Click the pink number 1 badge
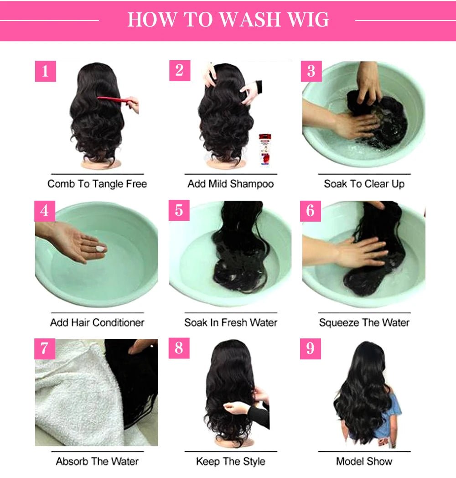(45, 72)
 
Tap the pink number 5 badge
(179, 210)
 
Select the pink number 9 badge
(311, 348)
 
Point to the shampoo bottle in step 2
(264, 150)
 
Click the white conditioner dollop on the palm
(100, 249)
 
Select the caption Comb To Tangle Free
(97, 184)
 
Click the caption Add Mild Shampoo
(230, 184)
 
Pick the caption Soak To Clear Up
(364, 184)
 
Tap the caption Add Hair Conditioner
(97, 322)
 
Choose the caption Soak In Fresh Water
(230, 322)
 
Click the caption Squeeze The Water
(364, 322)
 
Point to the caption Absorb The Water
(97, 461)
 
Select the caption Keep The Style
(230, 461)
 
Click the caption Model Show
(364, 461)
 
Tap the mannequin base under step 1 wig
(97, 163)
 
